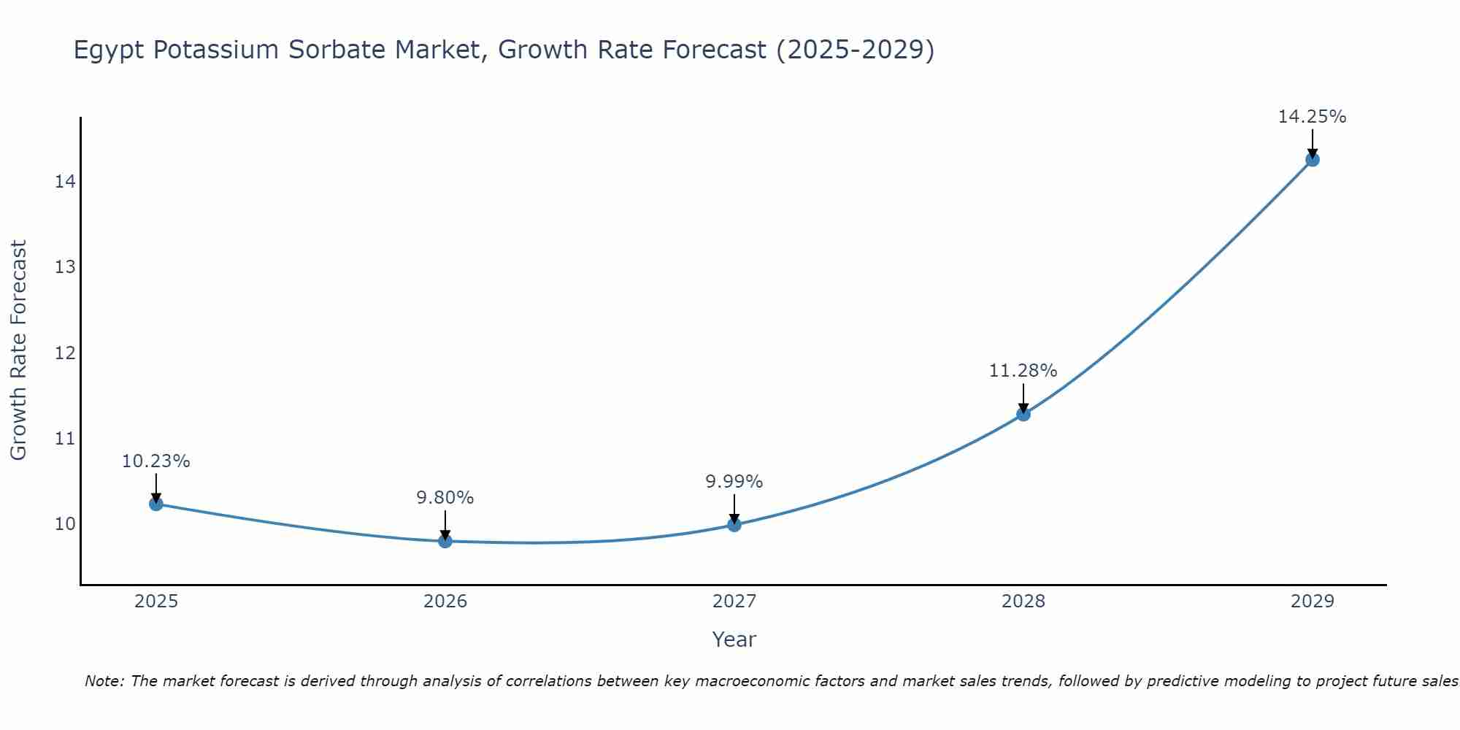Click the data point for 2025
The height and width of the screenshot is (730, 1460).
coord(155,503)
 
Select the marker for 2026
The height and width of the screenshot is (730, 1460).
coord(445,540)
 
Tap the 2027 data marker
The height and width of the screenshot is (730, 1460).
coord(734,524)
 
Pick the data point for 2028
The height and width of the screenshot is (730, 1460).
coord(1023,414)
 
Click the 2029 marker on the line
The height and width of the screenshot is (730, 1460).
coord(1312,159)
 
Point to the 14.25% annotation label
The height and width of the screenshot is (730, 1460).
coord(1312,117)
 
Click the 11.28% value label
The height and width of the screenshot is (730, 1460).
coord(1023,371)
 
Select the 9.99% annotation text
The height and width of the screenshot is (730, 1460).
coord(734,482)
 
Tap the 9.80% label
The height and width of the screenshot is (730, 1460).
coord(445,498)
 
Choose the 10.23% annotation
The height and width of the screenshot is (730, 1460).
coord(155,461)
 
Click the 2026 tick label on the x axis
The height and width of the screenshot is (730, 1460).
coord(445,602)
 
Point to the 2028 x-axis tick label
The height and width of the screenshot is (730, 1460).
coord(1023,602)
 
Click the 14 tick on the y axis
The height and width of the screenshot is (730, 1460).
coord(65,181)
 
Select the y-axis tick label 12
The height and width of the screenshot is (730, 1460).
coord(65,353)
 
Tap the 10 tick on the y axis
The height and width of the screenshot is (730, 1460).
coord(65,524)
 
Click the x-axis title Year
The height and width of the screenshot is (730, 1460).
coord(734,639)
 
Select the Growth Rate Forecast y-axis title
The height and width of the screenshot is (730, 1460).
coord(18,350)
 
